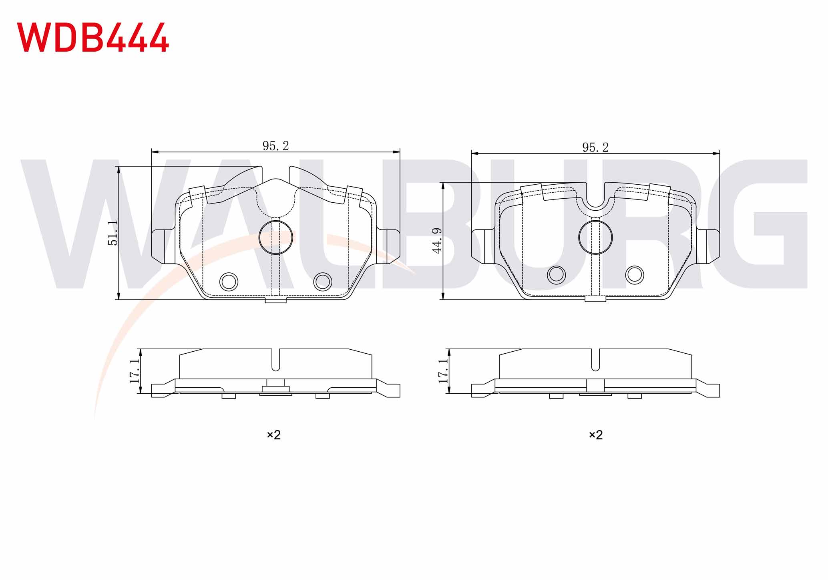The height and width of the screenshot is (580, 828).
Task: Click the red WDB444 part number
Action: pos(92,37)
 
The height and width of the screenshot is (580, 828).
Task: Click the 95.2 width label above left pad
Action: pos(275,146)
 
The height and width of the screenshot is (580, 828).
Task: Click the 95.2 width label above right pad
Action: pos(595,147)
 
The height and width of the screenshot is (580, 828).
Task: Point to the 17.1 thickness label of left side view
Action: pos(135,371)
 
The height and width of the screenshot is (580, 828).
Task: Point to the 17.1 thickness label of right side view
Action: pos(444,371)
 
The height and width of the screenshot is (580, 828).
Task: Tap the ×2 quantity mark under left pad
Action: pos(274,435)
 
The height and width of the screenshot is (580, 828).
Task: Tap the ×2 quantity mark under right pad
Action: pos(596,435)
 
